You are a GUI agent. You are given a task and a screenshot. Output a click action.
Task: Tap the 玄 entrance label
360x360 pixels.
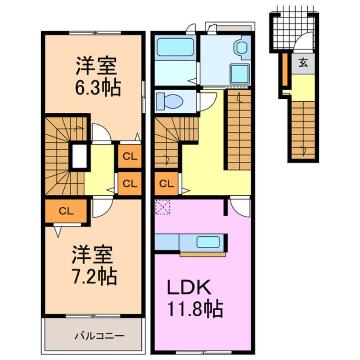[x=303, y=64]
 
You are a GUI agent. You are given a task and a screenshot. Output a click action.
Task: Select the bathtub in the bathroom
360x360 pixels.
[x=176, y=48]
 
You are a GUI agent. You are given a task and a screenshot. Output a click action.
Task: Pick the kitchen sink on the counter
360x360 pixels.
[x=208, y=242]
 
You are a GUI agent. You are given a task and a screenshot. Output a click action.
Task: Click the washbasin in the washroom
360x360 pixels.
[x=242, y=48]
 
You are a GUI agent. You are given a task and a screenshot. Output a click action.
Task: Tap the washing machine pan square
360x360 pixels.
[x=239, y=73]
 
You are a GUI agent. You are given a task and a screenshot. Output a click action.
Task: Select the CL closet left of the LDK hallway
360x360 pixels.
[x=166, y=184]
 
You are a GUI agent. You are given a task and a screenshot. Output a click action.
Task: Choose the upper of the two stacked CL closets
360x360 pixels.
[x=130, y=156]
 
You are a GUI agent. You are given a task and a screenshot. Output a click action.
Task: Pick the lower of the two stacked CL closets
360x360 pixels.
[x=130, y=184]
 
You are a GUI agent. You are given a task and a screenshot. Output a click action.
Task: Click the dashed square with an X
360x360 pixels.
[x=162, y=207]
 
